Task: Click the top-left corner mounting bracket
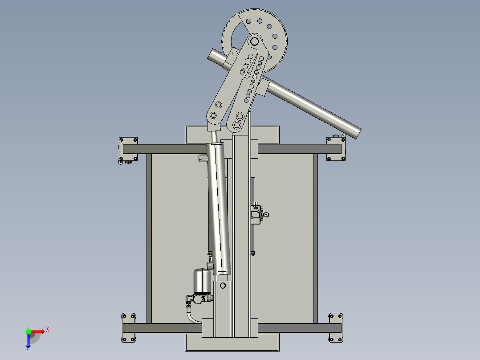pos(128,149)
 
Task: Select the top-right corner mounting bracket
pos(336,149)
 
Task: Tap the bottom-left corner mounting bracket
pos(129,328)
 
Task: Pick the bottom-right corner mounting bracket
pos(335,328)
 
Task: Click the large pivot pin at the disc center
pos(255,41)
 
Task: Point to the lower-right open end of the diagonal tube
pos(355,132)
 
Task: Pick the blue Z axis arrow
pos(28,342)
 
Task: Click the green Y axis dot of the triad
pos(28,331)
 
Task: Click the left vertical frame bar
pos(149,238)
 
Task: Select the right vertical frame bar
pos(315,238)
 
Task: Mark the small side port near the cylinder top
pos(203,158)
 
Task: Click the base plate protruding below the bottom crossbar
pos(232,343)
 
